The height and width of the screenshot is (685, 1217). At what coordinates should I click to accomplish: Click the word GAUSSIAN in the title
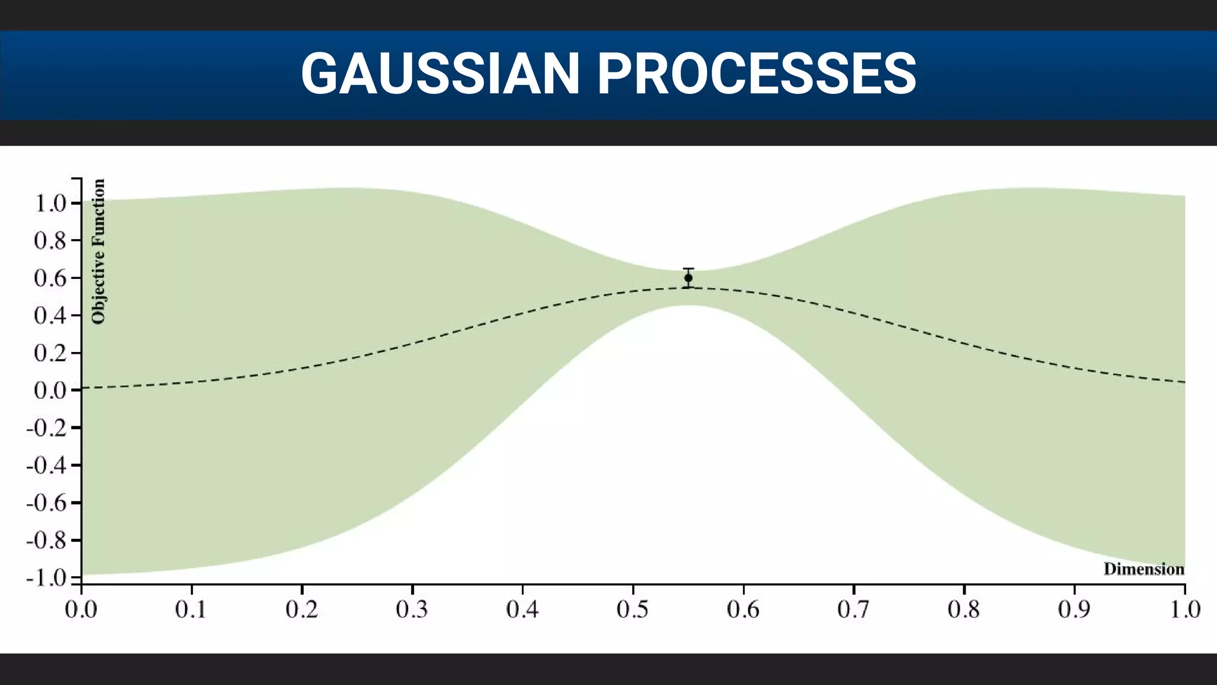tap(440, 74)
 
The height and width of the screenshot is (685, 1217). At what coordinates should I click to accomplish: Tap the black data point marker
tap(688, 278)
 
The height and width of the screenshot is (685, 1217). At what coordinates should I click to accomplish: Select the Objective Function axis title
tap(98, 252)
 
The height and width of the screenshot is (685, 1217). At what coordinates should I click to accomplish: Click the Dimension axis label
tap(1143, 569)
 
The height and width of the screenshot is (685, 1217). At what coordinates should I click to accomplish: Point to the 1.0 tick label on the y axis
tap(50, 203)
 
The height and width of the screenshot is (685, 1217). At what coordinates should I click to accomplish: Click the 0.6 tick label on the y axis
tap(50, 278)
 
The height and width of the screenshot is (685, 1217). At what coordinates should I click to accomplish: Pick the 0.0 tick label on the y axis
tap(50, 391)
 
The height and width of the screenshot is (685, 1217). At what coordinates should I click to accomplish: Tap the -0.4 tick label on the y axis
tap(46, 466)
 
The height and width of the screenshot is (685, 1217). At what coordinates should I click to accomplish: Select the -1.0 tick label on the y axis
tap(46, 578)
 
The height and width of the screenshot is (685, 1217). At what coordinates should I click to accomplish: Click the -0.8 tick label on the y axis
tap(46, 541)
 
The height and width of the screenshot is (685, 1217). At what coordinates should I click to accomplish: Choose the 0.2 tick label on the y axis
tap(50, 353)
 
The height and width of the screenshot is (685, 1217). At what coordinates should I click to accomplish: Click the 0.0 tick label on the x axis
tap(81, 609)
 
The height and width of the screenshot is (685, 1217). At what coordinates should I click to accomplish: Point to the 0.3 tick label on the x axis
tap(412, 609)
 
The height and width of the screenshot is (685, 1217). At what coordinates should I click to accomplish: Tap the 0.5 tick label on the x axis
tap(633, 609)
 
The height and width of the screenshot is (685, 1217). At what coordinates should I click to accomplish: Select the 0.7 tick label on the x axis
tap(854, 609)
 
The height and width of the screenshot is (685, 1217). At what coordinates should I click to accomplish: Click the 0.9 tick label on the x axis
tap(1074, 609)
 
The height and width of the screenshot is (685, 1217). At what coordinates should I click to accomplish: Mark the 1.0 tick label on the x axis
tap(1185, 609)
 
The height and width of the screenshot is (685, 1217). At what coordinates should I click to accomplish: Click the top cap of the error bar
tap(688, 269)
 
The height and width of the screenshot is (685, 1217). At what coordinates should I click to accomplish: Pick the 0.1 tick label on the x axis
tap(191, 609)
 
